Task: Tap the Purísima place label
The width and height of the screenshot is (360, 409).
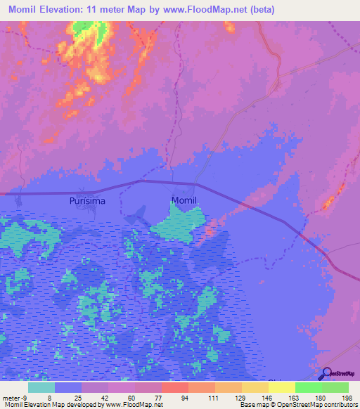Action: pyautogui.click(x=86, y=201)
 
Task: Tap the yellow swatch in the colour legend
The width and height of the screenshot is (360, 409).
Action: pyautogui.click(x=281, y=387)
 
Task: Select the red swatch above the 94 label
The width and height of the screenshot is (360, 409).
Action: pyautogui.click(x=174, y=387)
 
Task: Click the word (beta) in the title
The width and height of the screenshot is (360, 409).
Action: pyautogui.click(x=260, y=10)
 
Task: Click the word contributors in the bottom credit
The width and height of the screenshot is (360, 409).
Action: pyautogui.click(x=337, y=405)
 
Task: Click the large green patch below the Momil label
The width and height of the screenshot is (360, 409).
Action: pyautogui.click(x=179, y=228)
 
